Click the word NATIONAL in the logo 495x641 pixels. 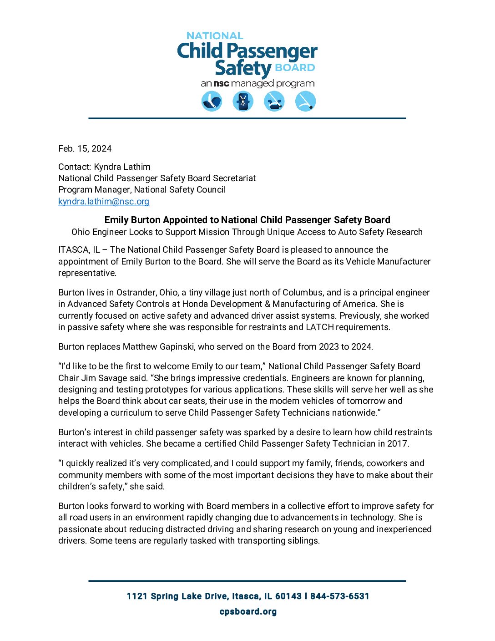pyautogui.click(x=215, y=36)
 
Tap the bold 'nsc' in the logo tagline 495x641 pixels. pyautogui.click(x=221, y=84)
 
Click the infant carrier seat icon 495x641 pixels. pyautogui.click(x=212, y=101)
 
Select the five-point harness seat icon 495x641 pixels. pyautogui.click(x=243, y=101)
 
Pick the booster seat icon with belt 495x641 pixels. pyautogui.click(x=274, y=101)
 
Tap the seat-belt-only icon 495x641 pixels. pyautogui.click(x=305, y=101)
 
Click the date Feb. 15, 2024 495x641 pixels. pyautogui.click(x=85, y=149)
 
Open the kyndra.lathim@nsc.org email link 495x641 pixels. pyautogui.click(x=104, y=201)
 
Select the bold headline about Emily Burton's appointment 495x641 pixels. pyautogui.click(x=247, y=220)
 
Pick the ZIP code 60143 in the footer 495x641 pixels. pyautogui.click(x=288, y=596)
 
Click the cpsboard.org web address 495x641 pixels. pyautogui.click(x=248, y=611)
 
